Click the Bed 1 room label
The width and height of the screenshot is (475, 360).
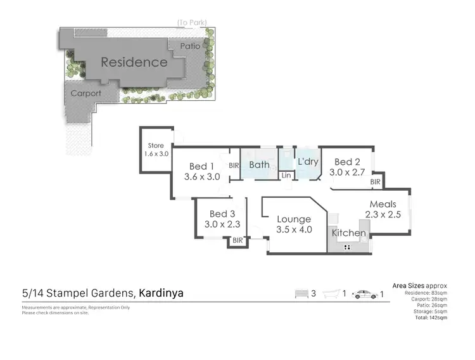click(x=202, y=166)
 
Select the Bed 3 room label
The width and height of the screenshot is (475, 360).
click(x=222, y=214)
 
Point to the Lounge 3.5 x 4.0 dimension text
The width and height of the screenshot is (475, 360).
click(x=294, y=229)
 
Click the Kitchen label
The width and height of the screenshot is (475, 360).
click(x=349, y=233)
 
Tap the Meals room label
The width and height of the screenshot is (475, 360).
click(x=384, y=204)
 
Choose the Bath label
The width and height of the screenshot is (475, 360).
click(x=259, y=165)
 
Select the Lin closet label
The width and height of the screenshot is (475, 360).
click(x=286, y=176)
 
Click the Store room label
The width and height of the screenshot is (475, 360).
click(x=155, y=146)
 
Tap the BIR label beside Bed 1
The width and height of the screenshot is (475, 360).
click(x=233, y=165)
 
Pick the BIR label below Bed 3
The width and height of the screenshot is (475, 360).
click(x=237, y=241)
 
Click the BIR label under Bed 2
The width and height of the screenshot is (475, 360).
click(x=375, y=182)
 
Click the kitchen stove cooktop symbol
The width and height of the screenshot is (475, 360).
click(x=348, y=248)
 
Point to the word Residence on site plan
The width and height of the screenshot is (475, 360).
click(x=134, y=62)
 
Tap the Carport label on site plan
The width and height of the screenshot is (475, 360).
click(x=85, y=93)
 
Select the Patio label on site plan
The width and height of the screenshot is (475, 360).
click(x=190, y=46)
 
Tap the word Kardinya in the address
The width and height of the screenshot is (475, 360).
click(x=161, y=293)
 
